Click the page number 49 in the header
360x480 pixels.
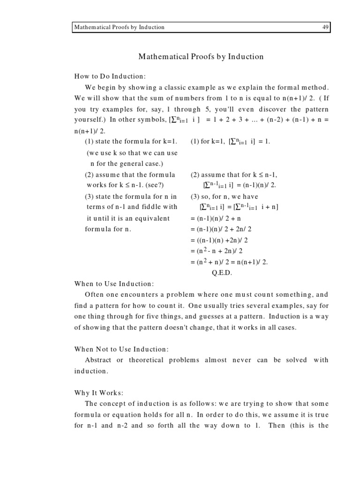325,27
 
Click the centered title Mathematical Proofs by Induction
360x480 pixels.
201,57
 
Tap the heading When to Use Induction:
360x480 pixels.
114,284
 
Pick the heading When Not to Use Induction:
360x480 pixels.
121,349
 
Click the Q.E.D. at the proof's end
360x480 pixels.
219,272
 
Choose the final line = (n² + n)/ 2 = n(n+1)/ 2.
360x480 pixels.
229,262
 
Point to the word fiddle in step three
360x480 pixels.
148,207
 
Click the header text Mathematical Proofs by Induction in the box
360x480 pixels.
120,27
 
